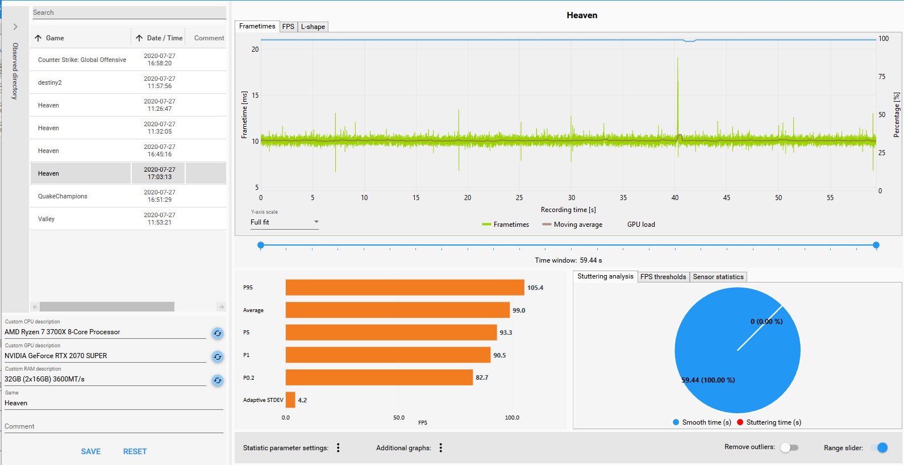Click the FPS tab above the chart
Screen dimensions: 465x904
click(288, 27)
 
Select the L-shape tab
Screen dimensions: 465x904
click(313, 27)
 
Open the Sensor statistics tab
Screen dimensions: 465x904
click(718, 277)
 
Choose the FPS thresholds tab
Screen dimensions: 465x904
click(663, 277)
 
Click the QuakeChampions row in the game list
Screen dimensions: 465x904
click(63, 196)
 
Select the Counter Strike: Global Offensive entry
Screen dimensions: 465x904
click(82, 60)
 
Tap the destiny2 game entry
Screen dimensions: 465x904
click(50, 82)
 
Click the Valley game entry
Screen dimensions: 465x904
click(47, 219)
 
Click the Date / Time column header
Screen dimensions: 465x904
click(164, 38)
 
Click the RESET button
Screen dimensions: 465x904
click(135, 451)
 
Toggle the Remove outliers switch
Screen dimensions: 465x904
click(789, 447)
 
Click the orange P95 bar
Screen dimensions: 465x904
click(405, 288)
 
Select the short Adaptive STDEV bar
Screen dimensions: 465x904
click(290, 400)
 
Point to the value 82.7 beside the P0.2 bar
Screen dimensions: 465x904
click(482, 377)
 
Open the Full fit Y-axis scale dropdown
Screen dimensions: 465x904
click(284, 222)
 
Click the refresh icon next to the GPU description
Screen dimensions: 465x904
click(218, 357)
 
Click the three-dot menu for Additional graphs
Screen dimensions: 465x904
click(440, 448)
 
